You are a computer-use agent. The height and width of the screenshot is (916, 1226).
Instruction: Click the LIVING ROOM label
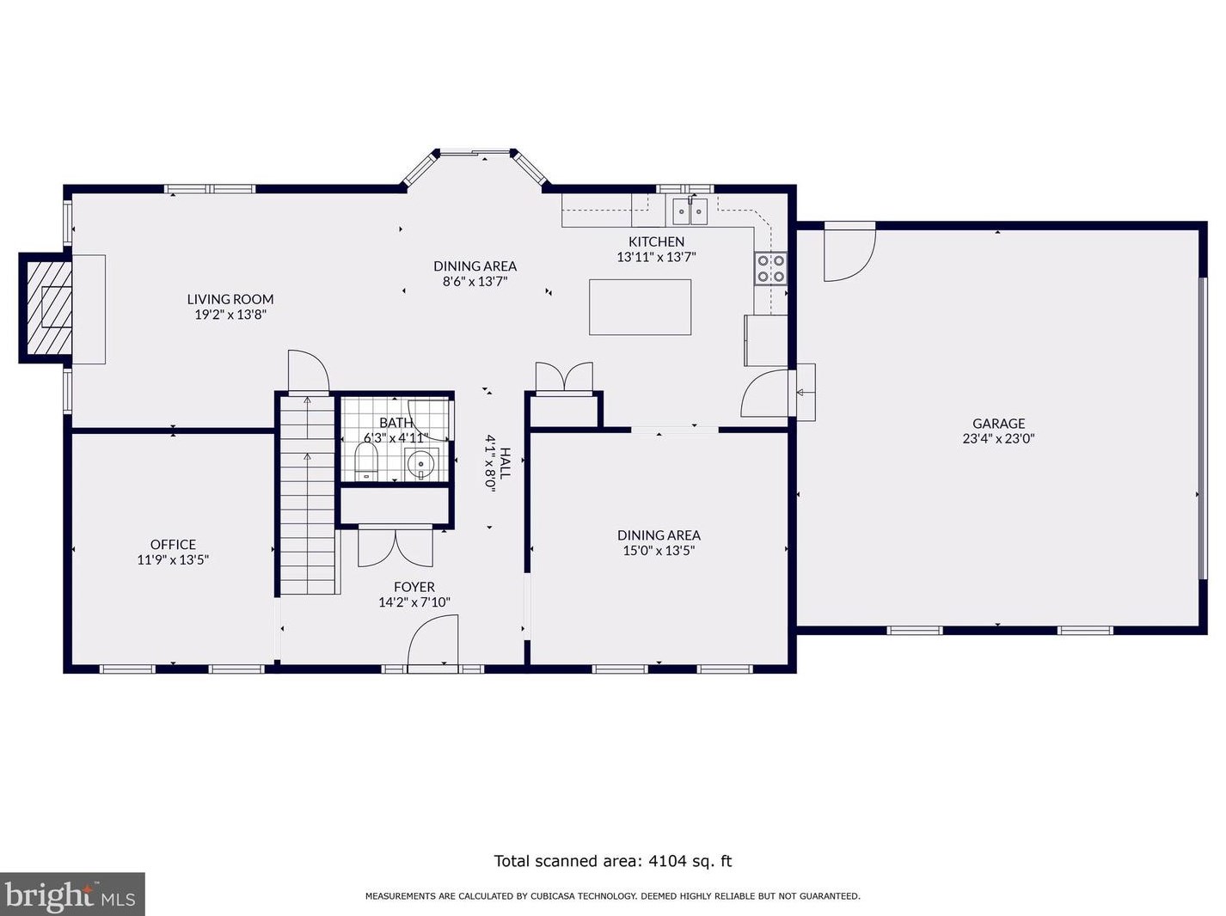pyautogui.click(x=230, y=299)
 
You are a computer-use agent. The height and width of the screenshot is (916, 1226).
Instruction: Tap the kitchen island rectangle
pyautogui.click(x=640, y=307)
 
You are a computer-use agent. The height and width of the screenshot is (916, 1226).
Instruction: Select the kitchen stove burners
pyautogui.click(x=771, y=268)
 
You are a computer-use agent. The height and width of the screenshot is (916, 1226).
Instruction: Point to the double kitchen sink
pyautogui.click(x=690, y=211)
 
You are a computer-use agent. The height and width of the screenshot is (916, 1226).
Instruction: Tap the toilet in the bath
pyautogui.click(x=366, y=461)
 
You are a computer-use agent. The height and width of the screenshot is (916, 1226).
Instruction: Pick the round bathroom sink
pyautogui.click(x=420, y=463)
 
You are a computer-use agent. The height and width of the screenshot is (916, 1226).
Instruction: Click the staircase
pyautogui.click(x=307, y=494)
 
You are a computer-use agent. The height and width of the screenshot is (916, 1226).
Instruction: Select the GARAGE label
pyautogui.click(x=999, y=424)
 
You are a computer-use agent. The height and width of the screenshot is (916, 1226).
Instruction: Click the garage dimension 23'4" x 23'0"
pyautogui.click(x=999, y=439)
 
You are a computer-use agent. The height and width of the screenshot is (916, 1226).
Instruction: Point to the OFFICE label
pyautogui.click(x=173, y=544)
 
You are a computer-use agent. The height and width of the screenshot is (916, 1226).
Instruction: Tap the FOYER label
pyautogui.click(x=414, y=587)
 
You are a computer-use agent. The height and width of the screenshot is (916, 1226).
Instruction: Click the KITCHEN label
pyautogui.click(x=656, y=241)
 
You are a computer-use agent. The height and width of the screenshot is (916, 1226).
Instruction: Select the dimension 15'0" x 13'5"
pyautogui.click(x=659, y=551)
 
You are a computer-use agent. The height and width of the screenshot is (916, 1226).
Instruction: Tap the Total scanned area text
pyautogui.click(x=613, y=860)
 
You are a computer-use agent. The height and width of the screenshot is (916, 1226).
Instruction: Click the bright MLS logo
pyautogui.click(x=72, y=894)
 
